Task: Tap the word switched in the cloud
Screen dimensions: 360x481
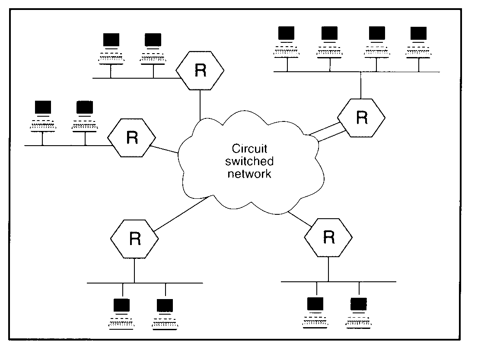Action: [250, 161]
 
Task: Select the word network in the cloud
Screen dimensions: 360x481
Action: [250, 174]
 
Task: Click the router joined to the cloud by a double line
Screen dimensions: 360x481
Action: [361, 118]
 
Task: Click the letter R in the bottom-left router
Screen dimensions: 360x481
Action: [134, 239]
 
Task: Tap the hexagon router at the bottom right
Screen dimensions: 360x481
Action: [328, 236]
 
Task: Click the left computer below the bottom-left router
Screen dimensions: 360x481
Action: [121, 314]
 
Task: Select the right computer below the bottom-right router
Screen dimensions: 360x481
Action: [358, 313]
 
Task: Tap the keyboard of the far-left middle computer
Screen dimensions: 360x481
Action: [42, 126]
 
